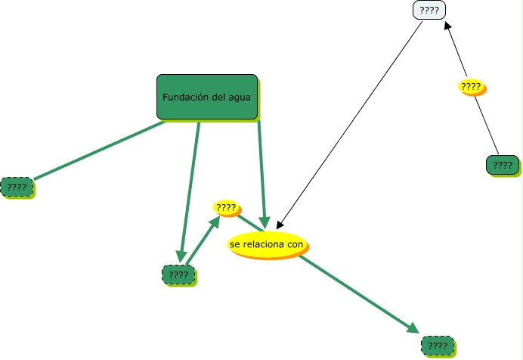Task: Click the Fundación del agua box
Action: (x=207, y=97)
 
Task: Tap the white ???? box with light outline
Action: (x=429, y=11)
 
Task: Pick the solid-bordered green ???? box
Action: (x=502, y=165)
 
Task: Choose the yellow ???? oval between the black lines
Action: (x=471, y=87)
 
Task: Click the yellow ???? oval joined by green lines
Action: (x=226, y=207)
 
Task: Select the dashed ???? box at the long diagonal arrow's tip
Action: (x=437, y=346)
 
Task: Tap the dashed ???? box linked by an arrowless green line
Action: (x=17, y=187)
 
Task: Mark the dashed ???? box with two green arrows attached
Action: (x=178, y=275)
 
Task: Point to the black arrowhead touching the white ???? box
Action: (x=447, y=26)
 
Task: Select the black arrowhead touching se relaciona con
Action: (x=280, y=225)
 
